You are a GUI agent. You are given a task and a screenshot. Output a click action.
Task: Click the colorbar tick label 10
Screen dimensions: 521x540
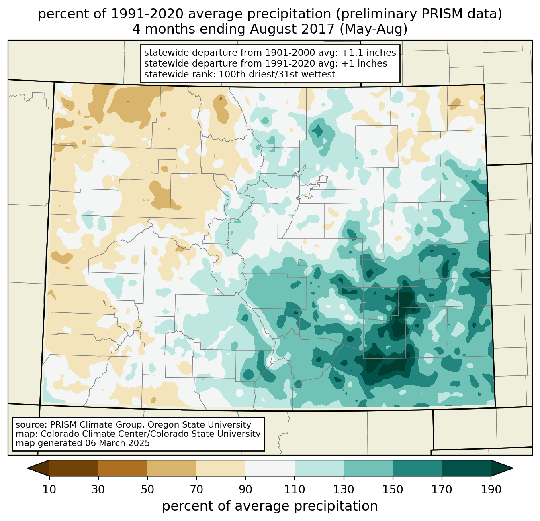(x=49, y=490)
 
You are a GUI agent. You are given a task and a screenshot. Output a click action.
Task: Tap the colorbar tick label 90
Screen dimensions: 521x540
(x=245, y=490)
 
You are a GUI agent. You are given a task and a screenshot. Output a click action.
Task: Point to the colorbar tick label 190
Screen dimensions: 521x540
(x=491, y=490)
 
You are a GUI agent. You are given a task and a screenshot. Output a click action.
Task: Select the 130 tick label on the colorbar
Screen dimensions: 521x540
(x=344, y=490)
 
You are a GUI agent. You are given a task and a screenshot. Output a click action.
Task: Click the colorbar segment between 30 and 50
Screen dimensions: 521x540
(x=123, y=468)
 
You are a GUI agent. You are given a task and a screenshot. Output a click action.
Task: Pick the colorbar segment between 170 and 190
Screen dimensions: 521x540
(x=466, y=468)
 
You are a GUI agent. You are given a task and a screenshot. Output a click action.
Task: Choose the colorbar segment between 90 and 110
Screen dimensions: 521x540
(x=270, y=468)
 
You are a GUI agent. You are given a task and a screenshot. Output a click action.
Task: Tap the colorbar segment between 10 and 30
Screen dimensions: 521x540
(x=74, y=468)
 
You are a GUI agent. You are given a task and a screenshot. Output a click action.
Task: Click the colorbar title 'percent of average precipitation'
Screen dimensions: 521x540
(x=270, y=506)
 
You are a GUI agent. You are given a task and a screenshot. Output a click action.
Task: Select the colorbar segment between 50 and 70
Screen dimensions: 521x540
(x=172, y=468)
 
